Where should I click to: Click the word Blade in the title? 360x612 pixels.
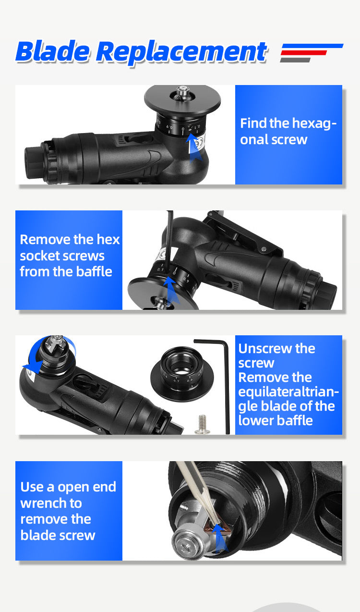pyautogui.click(x=53, y=51)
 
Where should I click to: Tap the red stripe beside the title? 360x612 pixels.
pyautogui.click(x=304, y=53)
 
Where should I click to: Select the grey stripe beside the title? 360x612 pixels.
pyautogui.click(x=295, y=60)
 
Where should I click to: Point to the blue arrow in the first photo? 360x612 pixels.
pyautogui.click(x=194, y=147)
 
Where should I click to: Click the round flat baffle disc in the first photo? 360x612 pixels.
pyautogui.click(x=182, y=100)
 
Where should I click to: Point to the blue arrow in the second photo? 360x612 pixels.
pyautogui.click(x=171, y=291)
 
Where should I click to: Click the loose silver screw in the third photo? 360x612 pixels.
pyautogui.click(x=202, y=424)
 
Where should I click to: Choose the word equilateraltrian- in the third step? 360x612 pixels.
pyautogui.click(x=288, y=392)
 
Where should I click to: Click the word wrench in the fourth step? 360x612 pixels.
pyautogui.click(x=51, y=503)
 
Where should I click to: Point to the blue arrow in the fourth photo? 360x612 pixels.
pyautogui.click(x=220, y=538)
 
